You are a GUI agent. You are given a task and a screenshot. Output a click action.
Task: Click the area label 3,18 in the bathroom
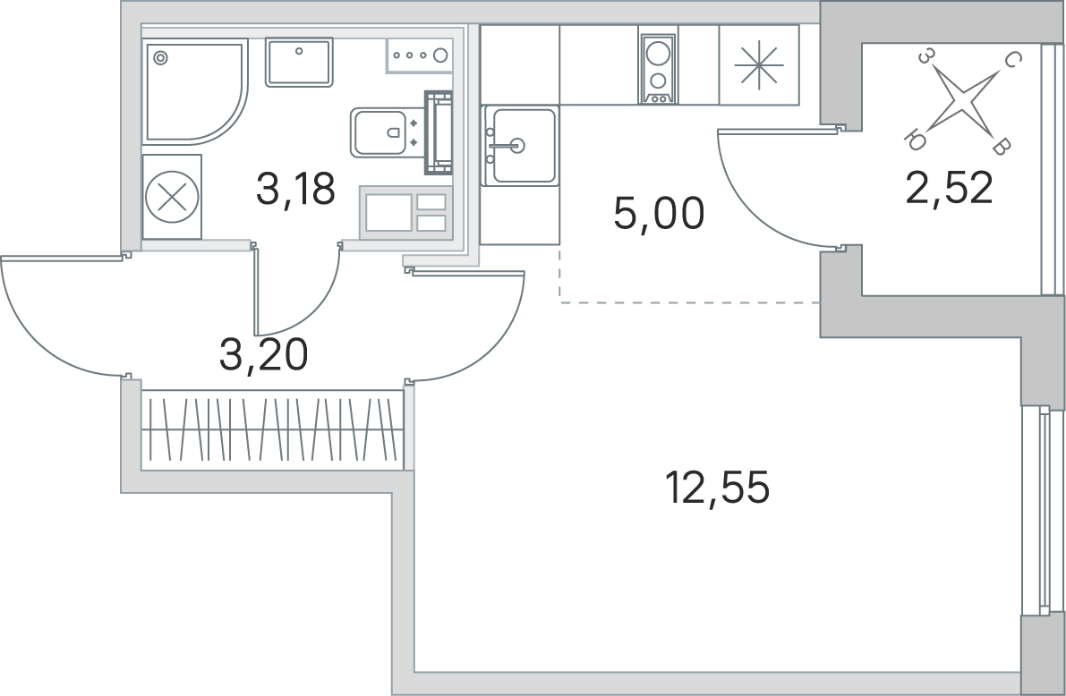point(295,189)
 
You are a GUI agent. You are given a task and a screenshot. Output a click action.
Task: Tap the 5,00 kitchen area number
point(659,214)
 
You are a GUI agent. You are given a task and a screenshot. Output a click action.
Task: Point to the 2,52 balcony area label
point(949,188)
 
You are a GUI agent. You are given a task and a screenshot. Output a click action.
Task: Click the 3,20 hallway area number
point(264,355)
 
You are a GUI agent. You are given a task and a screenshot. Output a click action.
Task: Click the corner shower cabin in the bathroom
point(195,91)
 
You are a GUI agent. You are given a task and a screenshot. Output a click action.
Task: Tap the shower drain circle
point(160,58)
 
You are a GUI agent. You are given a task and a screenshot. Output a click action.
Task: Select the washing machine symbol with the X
point(172,197)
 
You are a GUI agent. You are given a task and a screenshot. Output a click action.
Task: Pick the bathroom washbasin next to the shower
point(299,62)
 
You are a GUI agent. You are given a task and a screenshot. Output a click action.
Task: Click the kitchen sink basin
point(524,146)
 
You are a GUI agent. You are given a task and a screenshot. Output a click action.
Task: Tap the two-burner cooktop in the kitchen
point(658,69)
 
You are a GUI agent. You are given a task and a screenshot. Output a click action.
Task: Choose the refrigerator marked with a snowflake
point(759,65)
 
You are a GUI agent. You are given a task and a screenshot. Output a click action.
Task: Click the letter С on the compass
point(1011,61)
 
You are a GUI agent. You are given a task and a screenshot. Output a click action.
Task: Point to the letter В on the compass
point(1000,146)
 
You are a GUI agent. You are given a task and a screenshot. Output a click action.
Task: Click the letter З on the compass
point(925,55)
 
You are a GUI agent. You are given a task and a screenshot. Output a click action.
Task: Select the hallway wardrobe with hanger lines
point(272,429)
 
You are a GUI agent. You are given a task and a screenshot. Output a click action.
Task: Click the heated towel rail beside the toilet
point(439,132)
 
